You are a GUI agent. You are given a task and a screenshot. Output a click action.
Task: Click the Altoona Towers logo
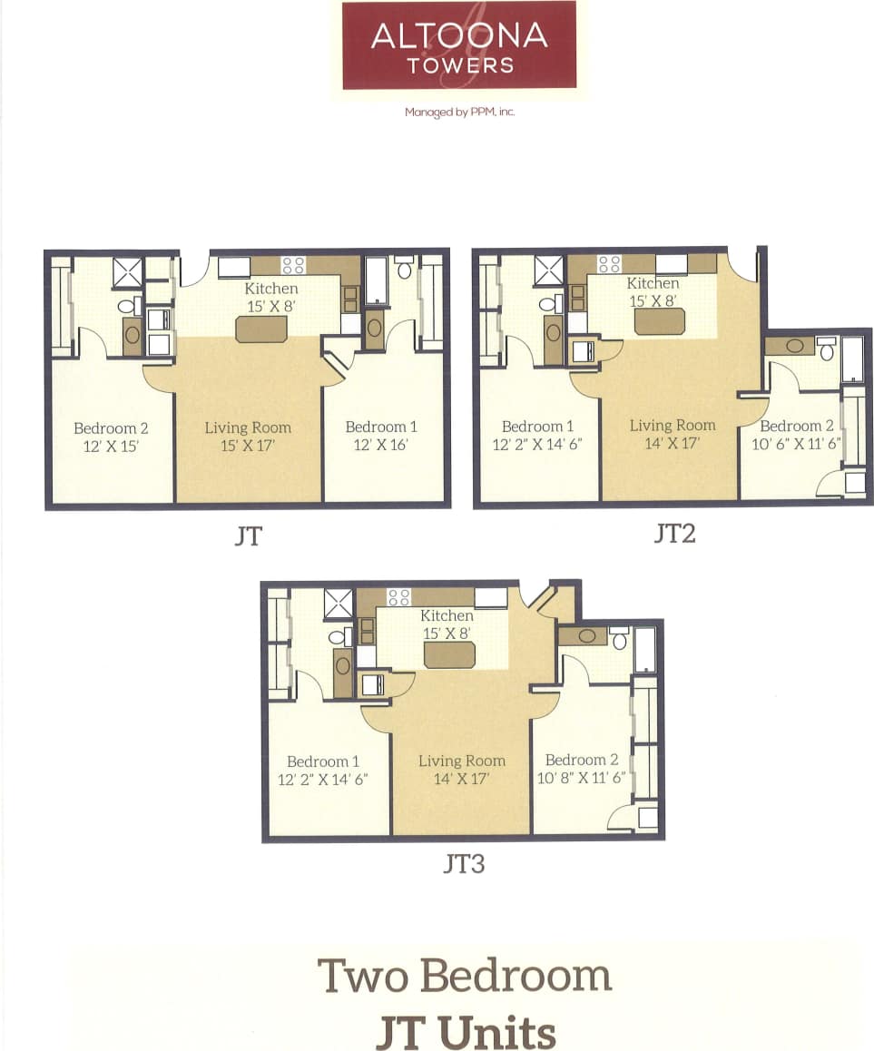(x=458, y=45)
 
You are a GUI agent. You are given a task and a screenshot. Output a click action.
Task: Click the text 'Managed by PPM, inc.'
(x=459, y=113)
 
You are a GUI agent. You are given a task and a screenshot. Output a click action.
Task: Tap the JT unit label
(x=247, y=536)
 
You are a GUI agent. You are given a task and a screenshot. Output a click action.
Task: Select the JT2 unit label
(x=673, y=534)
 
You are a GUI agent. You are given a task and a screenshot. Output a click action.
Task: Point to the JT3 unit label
(x=463, y=864)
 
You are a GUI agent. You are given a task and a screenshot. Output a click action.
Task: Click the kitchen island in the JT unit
(x=261, y=329)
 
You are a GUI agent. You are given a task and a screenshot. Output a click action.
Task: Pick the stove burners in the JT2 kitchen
(x=608, y=264)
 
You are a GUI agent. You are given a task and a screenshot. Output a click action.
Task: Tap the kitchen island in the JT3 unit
(x=449, y=654)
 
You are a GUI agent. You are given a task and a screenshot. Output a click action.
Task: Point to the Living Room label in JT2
(x=673, y=425)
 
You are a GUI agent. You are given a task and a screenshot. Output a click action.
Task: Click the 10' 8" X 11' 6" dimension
(x=582, y=778)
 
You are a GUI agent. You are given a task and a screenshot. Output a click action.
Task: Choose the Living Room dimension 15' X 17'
(x=248, y=446)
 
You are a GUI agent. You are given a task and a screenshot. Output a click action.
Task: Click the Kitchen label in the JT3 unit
(x=447, y=615)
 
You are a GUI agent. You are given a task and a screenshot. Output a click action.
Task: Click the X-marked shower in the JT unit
(x=127, y=273)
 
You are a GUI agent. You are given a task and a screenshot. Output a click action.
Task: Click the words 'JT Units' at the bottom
(x=465, y=1031)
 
